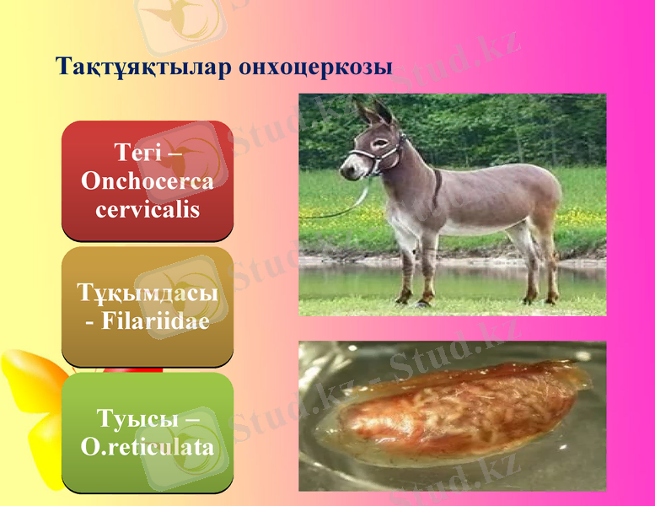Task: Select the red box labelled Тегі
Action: [148, 180]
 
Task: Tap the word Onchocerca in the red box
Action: [148, 181]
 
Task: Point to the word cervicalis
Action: [148, 208]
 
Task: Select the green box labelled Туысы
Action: [148, 432]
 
